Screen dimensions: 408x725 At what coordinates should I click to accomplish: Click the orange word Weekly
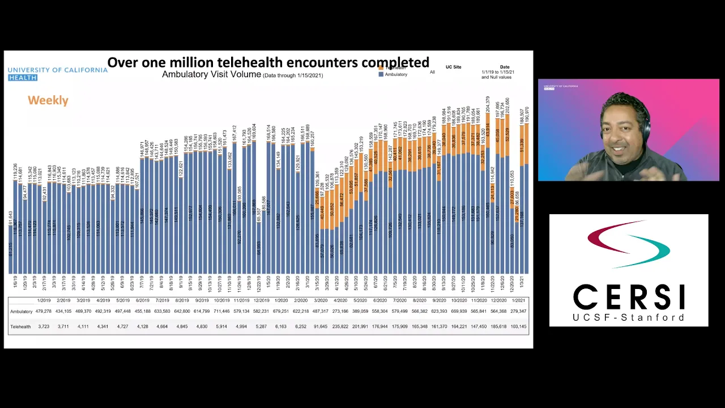coord(48,100)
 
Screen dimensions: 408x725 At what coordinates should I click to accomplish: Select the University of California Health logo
coord(57,73)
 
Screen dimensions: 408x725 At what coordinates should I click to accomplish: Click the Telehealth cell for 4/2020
coord(340,326)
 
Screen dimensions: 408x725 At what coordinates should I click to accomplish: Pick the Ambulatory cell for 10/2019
coord(221,311)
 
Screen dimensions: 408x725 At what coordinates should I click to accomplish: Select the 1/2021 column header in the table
coord(518,300)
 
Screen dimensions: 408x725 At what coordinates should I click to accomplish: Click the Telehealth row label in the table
coord(20,326)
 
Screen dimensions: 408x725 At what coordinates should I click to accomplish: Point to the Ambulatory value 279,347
coord(518,311)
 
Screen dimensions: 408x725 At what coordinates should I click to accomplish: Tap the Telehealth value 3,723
coord(44,326)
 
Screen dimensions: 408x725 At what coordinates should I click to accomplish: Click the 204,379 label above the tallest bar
coord(488,108)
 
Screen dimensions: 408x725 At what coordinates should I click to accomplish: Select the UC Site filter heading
coord(453,67)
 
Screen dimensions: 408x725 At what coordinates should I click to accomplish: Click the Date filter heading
coord(505,67)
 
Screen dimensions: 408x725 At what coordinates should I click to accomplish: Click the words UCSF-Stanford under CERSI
coord(629,317)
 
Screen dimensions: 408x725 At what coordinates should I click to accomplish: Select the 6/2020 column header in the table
coord(380,300)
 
